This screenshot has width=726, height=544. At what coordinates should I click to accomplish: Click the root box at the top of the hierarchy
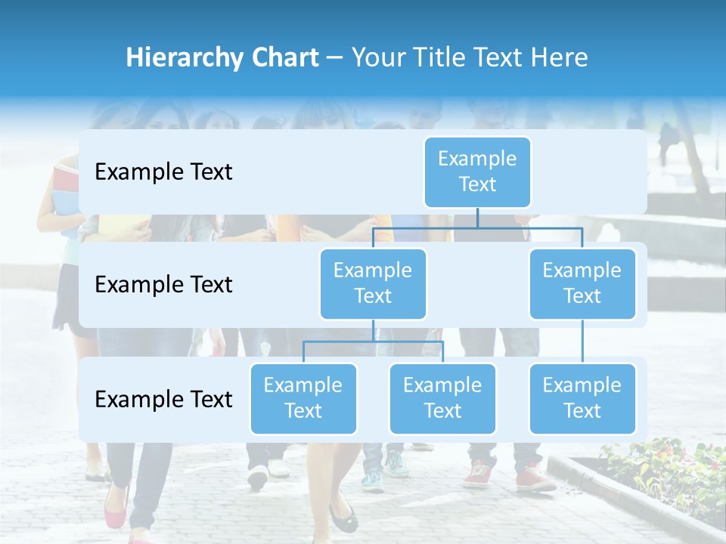point(477,172)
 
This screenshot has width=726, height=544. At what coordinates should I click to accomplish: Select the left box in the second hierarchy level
point(373,283)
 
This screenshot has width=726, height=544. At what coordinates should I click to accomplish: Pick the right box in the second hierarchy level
point(582,283)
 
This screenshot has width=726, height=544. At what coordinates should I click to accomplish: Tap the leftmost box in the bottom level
point(303,398)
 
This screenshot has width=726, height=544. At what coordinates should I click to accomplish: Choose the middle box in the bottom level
point(442,398)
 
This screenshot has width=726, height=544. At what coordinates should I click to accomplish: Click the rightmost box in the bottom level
point(582,398)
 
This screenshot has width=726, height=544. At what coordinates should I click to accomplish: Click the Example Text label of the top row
point(163,172)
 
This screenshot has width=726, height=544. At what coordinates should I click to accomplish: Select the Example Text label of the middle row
point(163,284)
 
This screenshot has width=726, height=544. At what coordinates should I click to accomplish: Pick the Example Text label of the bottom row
point(163,399)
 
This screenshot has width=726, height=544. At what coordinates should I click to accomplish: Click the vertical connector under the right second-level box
point(582,342)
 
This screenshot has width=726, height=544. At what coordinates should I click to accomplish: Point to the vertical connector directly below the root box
point(477,218)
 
